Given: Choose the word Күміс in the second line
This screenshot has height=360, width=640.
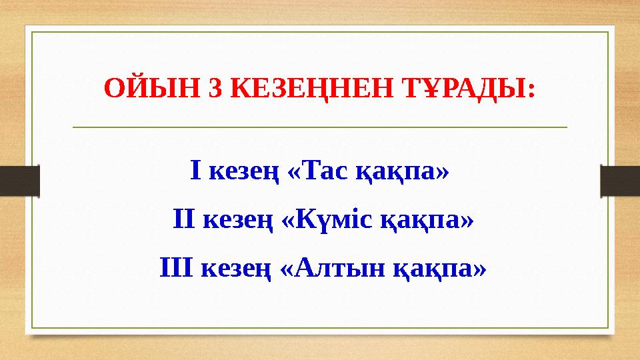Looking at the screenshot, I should coord(331,220).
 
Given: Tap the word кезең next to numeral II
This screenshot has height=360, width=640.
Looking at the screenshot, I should coord(237,221).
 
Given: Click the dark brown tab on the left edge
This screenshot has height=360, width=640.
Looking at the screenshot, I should coord(19,181).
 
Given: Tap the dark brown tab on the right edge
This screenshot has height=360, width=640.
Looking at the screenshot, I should coord(620,181).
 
